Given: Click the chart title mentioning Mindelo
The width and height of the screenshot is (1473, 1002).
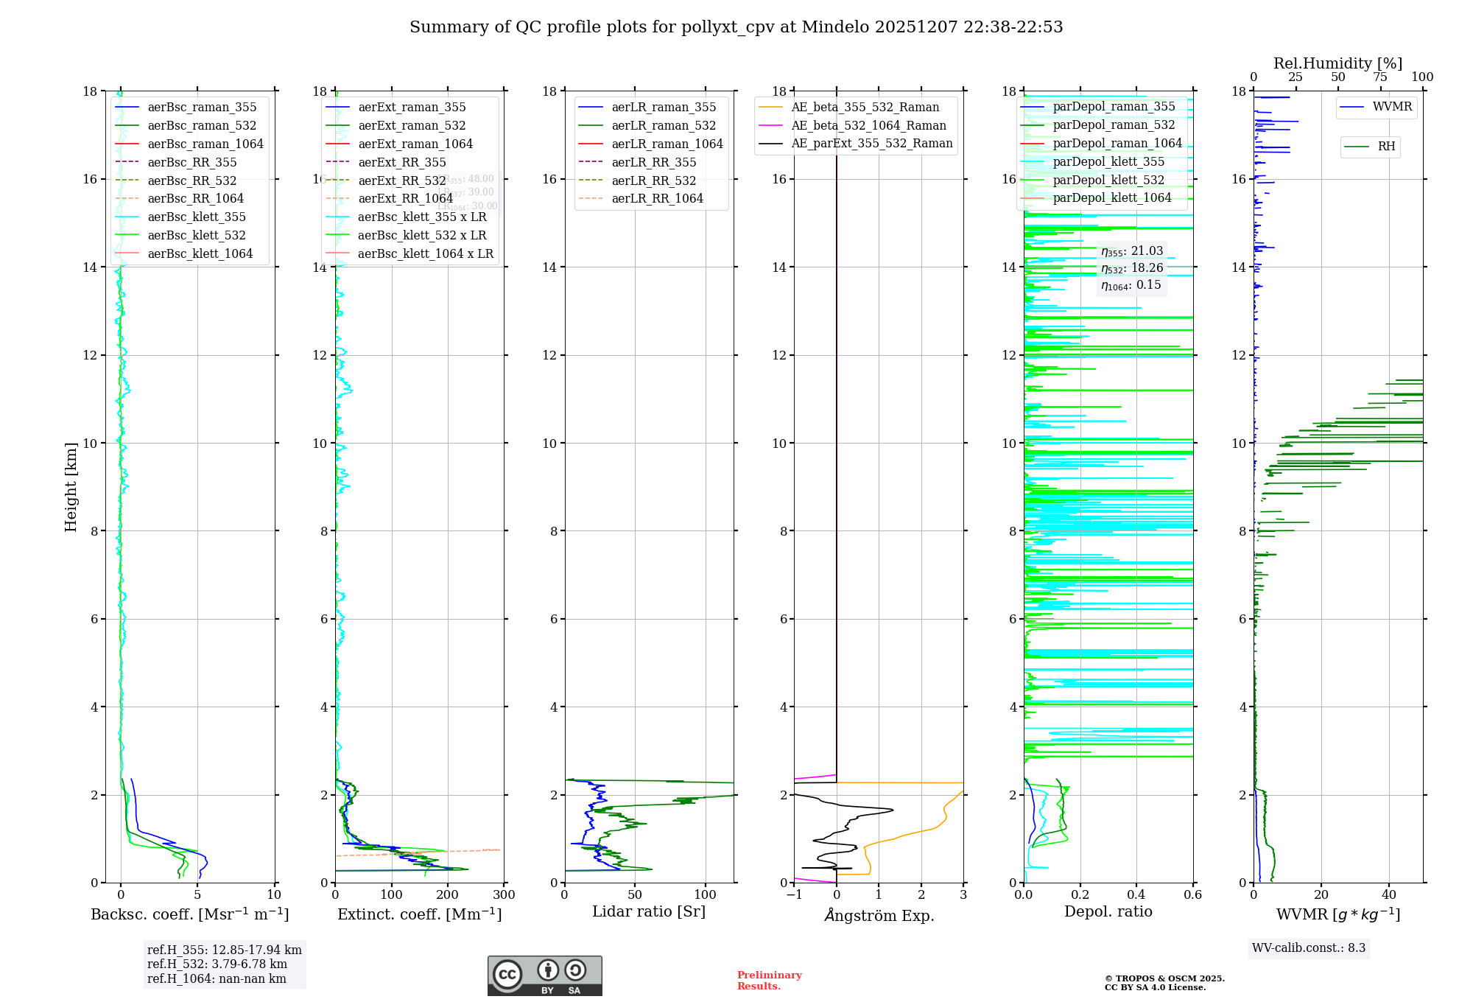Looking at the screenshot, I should (736, 27).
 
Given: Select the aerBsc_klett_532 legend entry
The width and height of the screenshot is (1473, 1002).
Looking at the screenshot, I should (196, 236).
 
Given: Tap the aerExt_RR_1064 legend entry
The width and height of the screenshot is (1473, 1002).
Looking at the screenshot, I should (405, 199).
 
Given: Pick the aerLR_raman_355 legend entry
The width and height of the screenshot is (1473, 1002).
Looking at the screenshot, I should (663, 108).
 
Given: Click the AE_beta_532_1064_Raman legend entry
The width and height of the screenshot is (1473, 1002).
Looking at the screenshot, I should (868, 126).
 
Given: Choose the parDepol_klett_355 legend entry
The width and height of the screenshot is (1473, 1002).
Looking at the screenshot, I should (1108, 162).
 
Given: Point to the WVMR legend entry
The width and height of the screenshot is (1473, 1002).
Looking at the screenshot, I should (1391, 107).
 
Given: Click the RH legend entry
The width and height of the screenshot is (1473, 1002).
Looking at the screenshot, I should (1385, 147).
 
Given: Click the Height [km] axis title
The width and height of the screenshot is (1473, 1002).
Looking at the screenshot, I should (71, 487).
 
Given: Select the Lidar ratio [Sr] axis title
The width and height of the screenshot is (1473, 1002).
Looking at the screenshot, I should (649, 912).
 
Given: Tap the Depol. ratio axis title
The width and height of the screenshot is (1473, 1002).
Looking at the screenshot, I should (1108, 912).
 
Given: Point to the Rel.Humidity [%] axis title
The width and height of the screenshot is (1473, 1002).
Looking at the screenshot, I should (1337, 63).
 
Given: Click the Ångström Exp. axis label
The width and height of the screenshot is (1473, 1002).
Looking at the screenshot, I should (879, 916).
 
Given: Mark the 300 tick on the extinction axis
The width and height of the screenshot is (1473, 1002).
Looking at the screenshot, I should (505, 895).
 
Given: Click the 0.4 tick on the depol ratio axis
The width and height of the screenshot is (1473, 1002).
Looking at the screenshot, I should (1136, 895).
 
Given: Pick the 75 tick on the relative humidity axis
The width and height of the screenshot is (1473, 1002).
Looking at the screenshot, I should (1380, 77).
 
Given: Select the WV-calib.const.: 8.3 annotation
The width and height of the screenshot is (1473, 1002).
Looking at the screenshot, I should (1308, 948).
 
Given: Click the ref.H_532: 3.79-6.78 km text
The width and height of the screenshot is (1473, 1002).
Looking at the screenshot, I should (217, 964).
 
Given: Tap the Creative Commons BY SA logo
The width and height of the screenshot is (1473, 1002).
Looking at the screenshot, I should (544, 976).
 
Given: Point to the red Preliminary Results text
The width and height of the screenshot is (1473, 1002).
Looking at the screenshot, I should (769, 981).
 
